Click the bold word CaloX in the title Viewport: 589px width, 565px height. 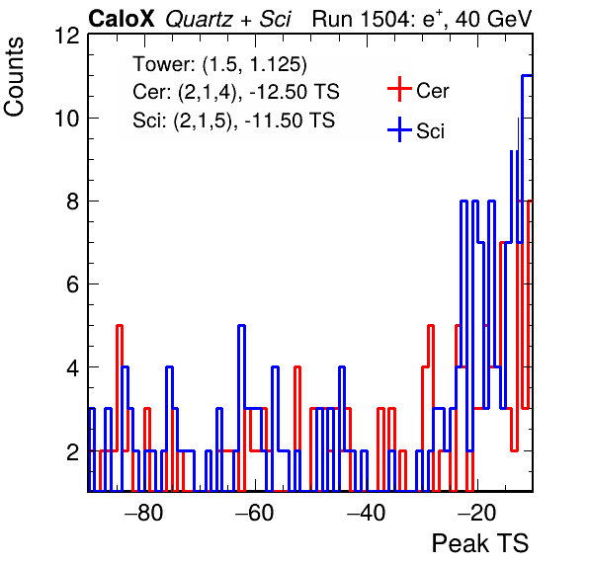(x=122, y=19)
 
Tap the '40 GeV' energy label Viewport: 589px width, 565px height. (x=493, y=19)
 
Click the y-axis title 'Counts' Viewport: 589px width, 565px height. (x=14, y=77)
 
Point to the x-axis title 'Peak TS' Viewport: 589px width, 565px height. (x=480, y=543)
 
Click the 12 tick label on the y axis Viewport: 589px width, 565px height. (x=67, y=36)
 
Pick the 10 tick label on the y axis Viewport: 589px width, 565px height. (x=67, y=119)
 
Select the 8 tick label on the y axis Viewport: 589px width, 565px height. (x=73, y=202)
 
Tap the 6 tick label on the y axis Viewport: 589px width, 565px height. (x=73, y=284)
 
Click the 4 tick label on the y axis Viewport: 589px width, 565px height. (x=73, y=367)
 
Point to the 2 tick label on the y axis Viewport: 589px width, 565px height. (x=73, y=450)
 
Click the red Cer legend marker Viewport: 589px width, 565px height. (x=399, y=89)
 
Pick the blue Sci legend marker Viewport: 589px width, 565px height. (x=399, y=130)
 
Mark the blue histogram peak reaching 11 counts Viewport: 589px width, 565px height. (x=527, y=76)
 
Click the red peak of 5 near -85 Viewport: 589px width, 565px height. (x=120, y=326)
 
